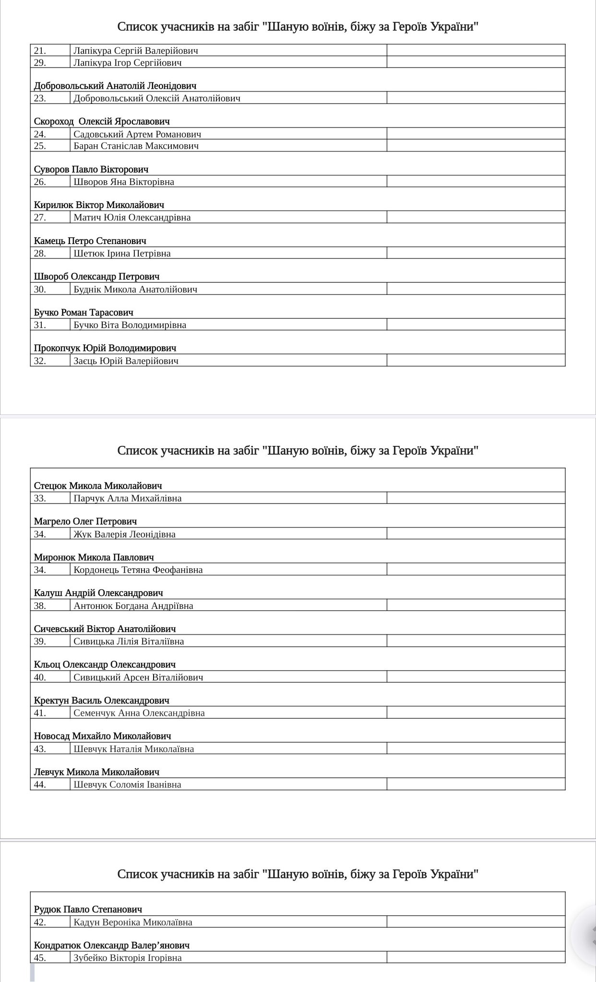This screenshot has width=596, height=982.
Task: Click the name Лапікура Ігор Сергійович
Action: point(127,62)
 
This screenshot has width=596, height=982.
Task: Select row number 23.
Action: point(40,98)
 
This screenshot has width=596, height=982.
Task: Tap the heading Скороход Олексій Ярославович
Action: point(102,121)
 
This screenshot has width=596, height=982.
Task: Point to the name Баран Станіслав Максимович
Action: point(136,146)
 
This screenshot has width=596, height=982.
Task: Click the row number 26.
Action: point(40,182)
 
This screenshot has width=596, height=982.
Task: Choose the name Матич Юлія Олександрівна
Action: point(132,217)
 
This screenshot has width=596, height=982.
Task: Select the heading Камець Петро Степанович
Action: point(90,241)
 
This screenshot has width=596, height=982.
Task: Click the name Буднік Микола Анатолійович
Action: point(135,289)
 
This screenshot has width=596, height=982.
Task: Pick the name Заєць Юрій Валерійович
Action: point(126,361)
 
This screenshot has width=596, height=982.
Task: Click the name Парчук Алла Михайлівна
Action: point(128,498)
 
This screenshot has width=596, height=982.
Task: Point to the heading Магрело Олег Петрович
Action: point(85,521)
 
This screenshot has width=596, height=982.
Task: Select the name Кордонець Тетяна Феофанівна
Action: point(138,570)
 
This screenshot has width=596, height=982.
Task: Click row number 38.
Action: point(40,606)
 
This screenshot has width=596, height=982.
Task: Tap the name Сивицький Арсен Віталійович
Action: point(138,677)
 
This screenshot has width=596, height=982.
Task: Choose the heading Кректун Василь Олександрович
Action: point(102,701)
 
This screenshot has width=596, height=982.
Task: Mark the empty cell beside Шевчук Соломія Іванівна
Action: point(476,784)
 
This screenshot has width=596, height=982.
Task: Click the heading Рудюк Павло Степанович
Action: point(88,910)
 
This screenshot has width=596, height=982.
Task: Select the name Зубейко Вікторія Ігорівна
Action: point(128,958)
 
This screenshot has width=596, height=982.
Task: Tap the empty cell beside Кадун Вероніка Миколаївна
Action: point(476,922)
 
